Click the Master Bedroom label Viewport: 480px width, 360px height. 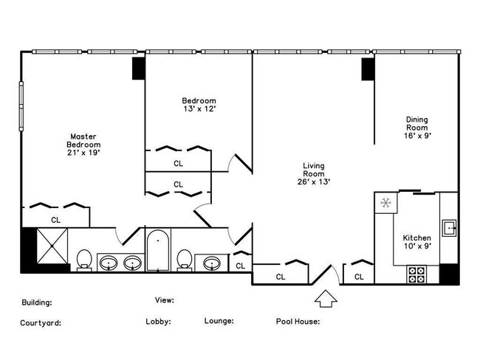coord(83,145)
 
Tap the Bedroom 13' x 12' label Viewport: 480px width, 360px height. coord(199,104)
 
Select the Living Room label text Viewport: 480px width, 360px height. coord(314,173)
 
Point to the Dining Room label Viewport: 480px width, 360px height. coord(417,127)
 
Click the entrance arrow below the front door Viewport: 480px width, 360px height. coord(326,298)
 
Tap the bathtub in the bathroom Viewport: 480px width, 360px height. coord(157,251)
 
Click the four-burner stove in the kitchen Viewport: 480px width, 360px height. coord(416,274)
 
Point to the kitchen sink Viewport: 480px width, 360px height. coord(449,226)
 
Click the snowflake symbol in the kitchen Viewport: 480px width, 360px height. coord(385,203)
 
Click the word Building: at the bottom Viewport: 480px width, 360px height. coord(36,302)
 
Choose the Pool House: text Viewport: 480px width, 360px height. coord(298,322)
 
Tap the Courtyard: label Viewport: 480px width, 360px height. coord(41,322)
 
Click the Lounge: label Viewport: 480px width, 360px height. coord(219,321)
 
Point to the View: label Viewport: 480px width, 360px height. coord(165,300)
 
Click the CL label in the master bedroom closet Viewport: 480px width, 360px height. coord(55,220)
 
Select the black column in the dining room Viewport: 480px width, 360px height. coord(367,69)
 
